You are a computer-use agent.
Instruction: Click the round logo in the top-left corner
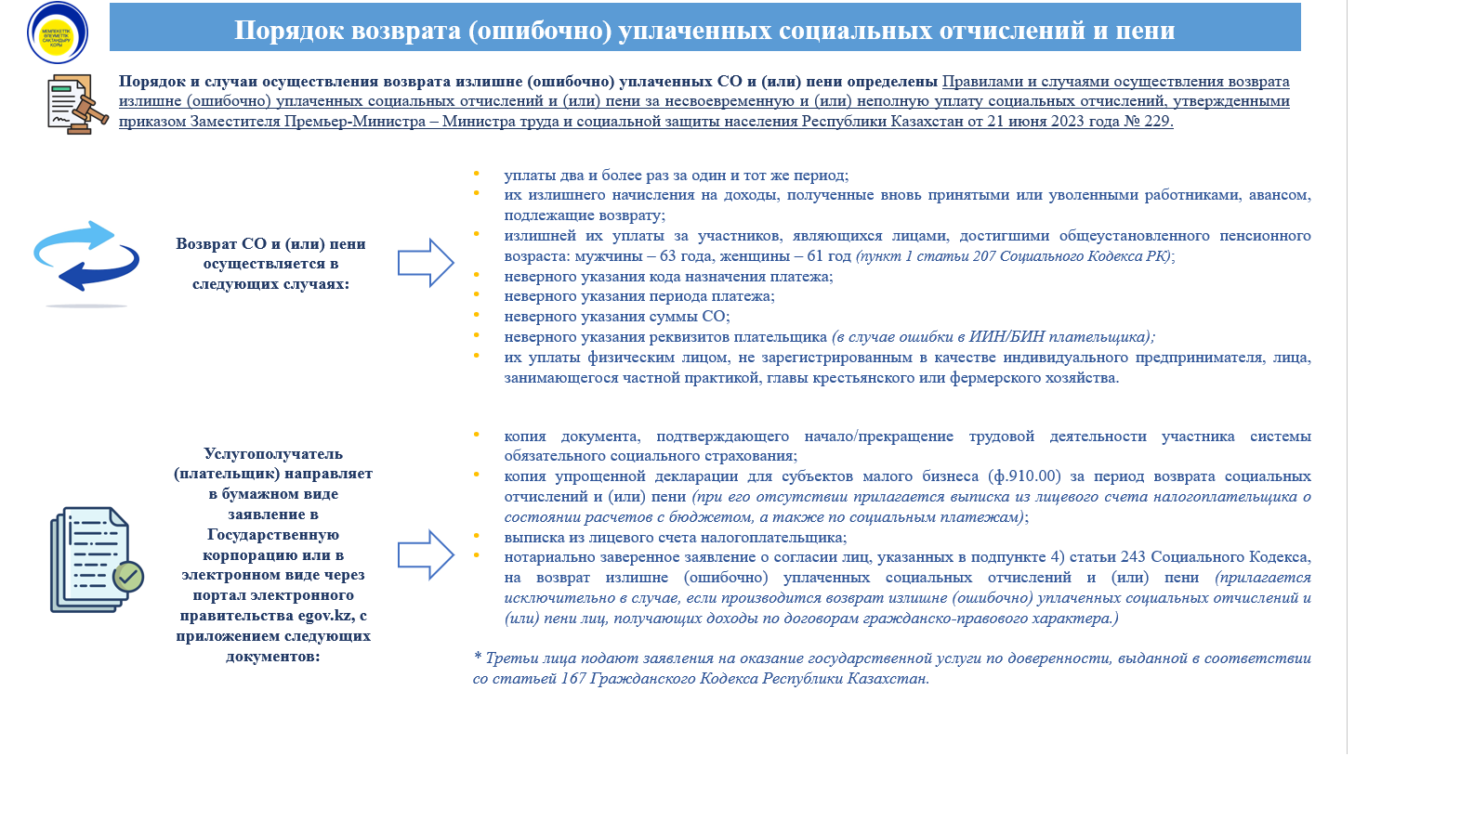[58, 33]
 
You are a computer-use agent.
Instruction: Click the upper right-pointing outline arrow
[426, 263]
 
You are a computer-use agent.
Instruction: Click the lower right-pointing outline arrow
[426, 554]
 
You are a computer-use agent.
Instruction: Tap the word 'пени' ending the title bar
[1146, 31]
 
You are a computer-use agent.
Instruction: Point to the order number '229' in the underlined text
[1157, 122]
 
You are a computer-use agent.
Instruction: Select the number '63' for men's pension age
[667, 256]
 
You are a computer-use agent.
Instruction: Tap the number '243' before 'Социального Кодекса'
[1133, 557]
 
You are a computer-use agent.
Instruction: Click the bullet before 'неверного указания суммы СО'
[477, 316]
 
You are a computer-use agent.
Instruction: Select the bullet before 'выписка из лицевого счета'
[477, 537]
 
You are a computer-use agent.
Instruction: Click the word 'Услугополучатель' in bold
[273, 454]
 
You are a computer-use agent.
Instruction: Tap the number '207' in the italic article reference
[984, 256]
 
